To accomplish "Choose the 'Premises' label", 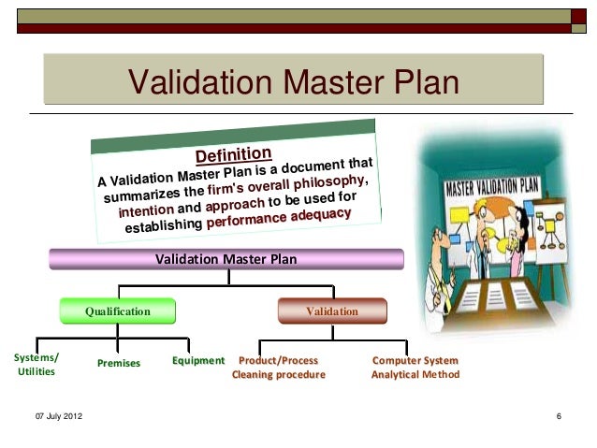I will (x=118, y=362).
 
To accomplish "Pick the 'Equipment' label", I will (x=198, y=360).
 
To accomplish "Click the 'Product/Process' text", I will (x=279, y=360).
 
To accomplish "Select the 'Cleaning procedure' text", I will (x=279, y=375).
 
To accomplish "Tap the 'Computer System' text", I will (x=415, y=360).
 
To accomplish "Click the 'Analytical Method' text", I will (x=415, y=375).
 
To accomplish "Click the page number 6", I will (x=558, y=415).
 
